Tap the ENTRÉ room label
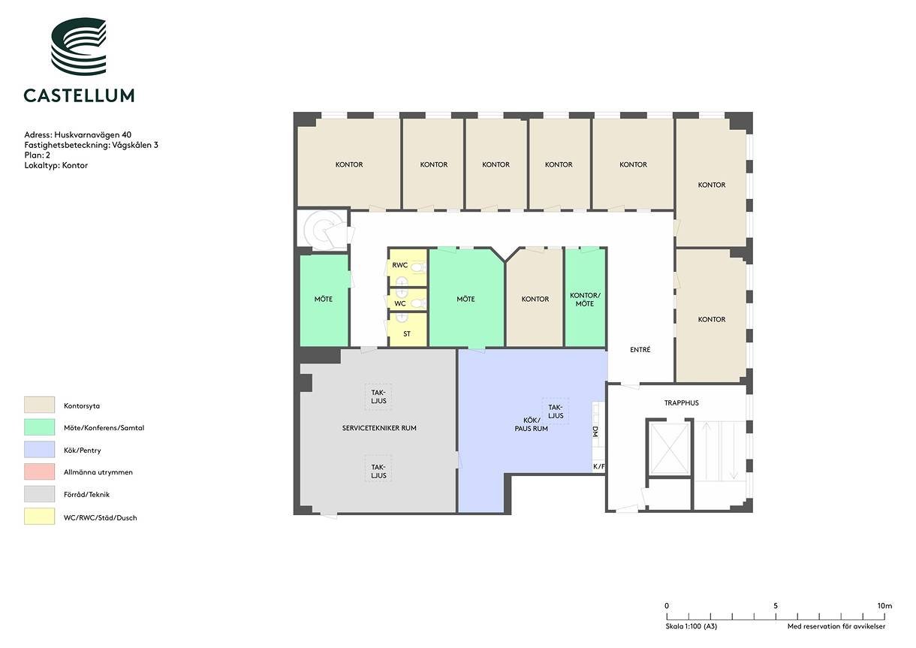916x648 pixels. [640, 350]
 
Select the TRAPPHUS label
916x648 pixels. [681, 402]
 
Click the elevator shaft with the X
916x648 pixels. [670, 448]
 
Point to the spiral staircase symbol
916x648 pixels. [321, 230]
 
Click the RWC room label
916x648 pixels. [399, 265]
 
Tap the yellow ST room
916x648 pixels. [407, 330]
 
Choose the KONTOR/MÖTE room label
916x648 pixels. [585, 300]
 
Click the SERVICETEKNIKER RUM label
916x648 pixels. [379, 428]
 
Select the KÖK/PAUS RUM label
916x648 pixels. [531, 424]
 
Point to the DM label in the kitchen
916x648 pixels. [595, 431]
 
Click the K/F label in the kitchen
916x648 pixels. [598, 466]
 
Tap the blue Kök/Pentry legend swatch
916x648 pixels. [39, 449]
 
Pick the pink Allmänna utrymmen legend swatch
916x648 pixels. [39, 472]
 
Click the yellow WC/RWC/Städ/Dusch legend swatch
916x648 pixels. [39, 516]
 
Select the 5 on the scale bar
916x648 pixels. [776, 605]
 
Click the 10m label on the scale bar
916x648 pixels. [884, 605]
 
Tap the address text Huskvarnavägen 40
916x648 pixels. [93, 134]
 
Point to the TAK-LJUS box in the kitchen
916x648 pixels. [556, 411]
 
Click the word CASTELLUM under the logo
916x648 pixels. [79, 95]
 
